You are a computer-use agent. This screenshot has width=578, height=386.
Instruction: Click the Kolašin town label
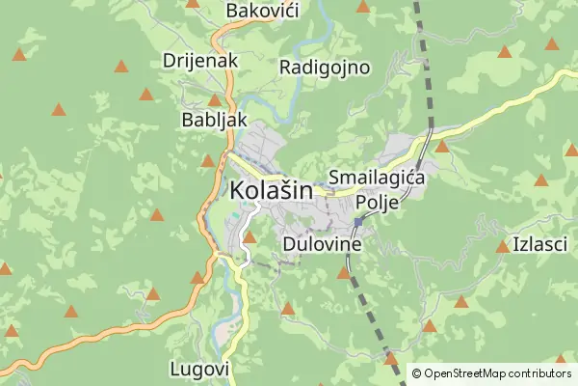pos(272,191)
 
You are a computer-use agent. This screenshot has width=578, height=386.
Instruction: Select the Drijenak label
pos(200,59)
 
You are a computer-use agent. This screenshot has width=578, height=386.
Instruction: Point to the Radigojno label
pos(325,67)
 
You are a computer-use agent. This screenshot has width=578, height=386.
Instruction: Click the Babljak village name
pos(215,121)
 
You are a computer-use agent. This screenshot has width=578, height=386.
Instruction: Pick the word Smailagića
pos(377,178)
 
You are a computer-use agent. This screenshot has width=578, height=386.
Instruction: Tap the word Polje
pos(377,202)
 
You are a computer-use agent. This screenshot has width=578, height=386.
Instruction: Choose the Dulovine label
pos(322,244)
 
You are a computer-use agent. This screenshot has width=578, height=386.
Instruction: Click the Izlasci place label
pos(540,244)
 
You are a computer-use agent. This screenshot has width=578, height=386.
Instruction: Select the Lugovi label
pos(199,369)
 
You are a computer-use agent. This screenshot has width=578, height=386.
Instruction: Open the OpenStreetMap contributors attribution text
pos(497,372)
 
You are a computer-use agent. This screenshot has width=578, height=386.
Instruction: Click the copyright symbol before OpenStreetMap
pos(417,372)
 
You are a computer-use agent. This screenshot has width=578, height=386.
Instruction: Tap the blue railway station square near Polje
pos(357,222)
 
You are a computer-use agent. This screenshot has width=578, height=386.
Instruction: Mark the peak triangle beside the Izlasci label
pos(502,247)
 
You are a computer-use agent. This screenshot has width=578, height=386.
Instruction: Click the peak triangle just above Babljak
pos(214,100)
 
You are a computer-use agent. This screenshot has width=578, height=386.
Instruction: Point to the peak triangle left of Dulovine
pos(250,236)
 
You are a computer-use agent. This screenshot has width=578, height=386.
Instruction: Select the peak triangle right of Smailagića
pos(442,147)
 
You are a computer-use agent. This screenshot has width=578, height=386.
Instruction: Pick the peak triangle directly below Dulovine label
pos(344,273)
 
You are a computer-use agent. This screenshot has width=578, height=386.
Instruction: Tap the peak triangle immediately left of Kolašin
pos(207,161)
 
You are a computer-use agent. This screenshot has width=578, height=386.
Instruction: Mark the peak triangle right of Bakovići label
pos(362,7)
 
